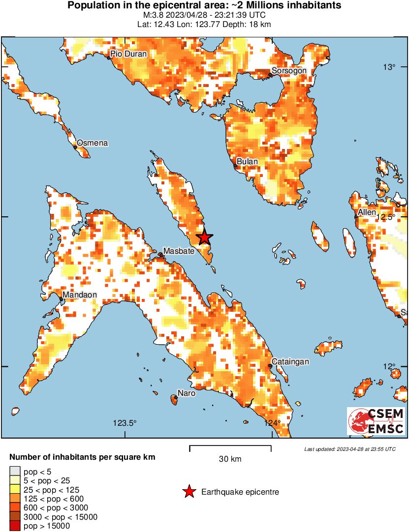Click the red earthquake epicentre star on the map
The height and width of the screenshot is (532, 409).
click(205, 238)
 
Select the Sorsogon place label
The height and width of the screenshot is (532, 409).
click(289, 71)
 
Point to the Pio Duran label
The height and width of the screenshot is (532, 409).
click(128, 54)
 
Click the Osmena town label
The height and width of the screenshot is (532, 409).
click(92, 143)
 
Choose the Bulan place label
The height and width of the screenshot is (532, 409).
click(247, 161)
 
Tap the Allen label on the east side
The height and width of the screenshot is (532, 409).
click(367, 212)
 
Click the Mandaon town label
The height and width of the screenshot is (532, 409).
click(79, 295)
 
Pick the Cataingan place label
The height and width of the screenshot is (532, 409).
click(290, 362)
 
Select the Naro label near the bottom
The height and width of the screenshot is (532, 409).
click(187, 393)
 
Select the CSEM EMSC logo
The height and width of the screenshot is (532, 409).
click(376, 421)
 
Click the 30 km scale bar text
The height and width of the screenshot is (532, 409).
click(230, 459)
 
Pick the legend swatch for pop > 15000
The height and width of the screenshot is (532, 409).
click(15, 526)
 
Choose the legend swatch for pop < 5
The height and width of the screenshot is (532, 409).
click(15, 471)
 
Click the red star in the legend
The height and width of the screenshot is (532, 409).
click(189, 492)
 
